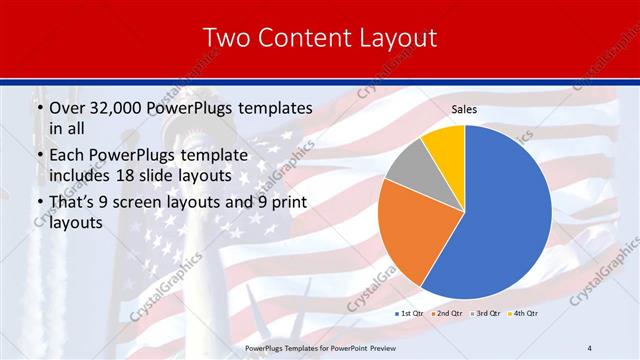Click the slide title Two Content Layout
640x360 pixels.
(x=320, y=38)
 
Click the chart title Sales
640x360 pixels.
(x=464, y=108)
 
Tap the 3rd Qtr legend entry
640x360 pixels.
(x=487, y=314)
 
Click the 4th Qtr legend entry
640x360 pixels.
(x=524, y=314)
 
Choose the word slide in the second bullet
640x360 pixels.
(x=182, y=175)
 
